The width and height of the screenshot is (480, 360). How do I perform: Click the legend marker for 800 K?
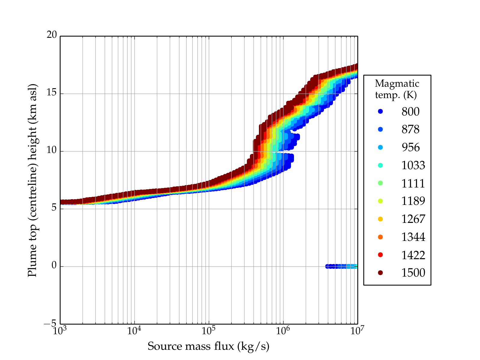(380, 111)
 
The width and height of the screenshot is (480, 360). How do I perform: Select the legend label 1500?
(413, 273)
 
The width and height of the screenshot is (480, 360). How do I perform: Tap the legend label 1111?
(413, 183)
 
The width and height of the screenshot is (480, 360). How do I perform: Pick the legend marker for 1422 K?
(380, 255)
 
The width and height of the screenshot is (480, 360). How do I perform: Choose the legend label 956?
(410, 147)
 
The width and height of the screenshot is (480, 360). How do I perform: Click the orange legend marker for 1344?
(380, 237)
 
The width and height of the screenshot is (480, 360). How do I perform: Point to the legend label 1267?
(413, 219)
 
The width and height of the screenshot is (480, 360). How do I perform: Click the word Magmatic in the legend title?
(397, 83)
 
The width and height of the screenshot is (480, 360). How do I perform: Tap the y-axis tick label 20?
(52, 35)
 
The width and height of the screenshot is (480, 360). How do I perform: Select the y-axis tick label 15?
(52, 93)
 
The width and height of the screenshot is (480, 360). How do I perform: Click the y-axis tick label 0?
(54, 265)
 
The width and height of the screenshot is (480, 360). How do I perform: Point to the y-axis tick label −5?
(50, 323)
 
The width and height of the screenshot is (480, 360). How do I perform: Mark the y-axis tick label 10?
(52, 150)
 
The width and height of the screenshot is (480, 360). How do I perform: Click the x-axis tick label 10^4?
(134, 330)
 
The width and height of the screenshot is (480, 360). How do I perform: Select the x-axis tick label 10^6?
(283, 330)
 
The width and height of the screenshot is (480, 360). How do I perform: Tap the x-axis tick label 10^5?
(208, 330)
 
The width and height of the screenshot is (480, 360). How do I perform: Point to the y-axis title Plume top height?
(32, 180)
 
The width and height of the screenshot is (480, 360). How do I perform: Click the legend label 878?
(410, 129)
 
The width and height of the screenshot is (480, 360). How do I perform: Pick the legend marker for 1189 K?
(380, 201)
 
